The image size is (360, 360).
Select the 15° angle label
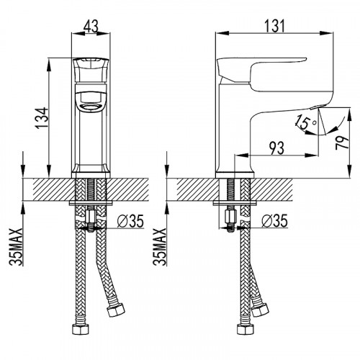305,125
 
